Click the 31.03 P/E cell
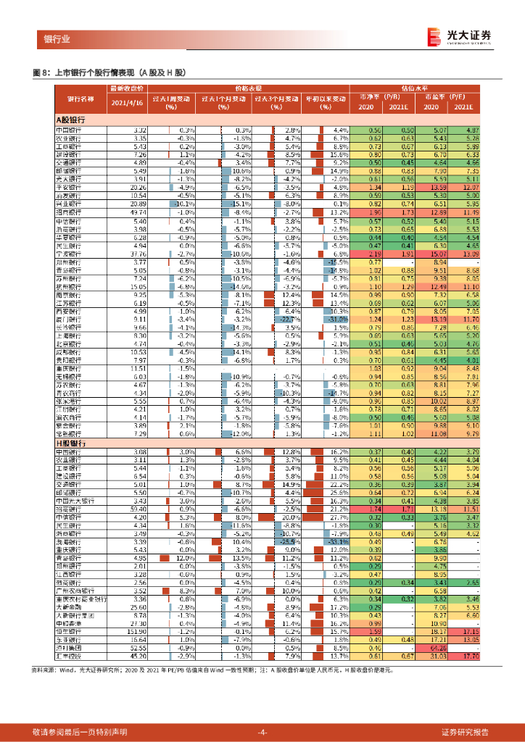point(444,656)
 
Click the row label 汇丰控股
point(68,656)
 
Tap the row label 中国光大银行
point(75,500)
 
